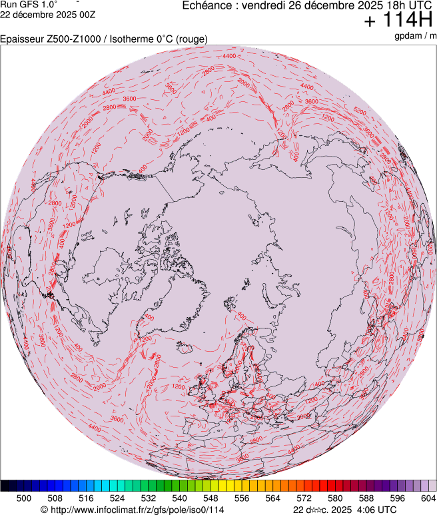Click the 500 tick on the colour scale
[24, 498]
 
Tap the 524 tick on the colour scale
[117, 498]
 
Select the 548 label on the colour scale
[211, 498]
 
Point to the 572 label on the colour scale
[304, 498]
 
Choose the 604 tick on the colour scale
[428, 498]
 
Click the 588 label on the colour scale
[366, 498]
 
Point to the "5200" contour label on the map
[360, 111]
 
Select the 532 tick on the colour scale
[148, 498]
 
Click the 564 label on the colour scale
[272, 498]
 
